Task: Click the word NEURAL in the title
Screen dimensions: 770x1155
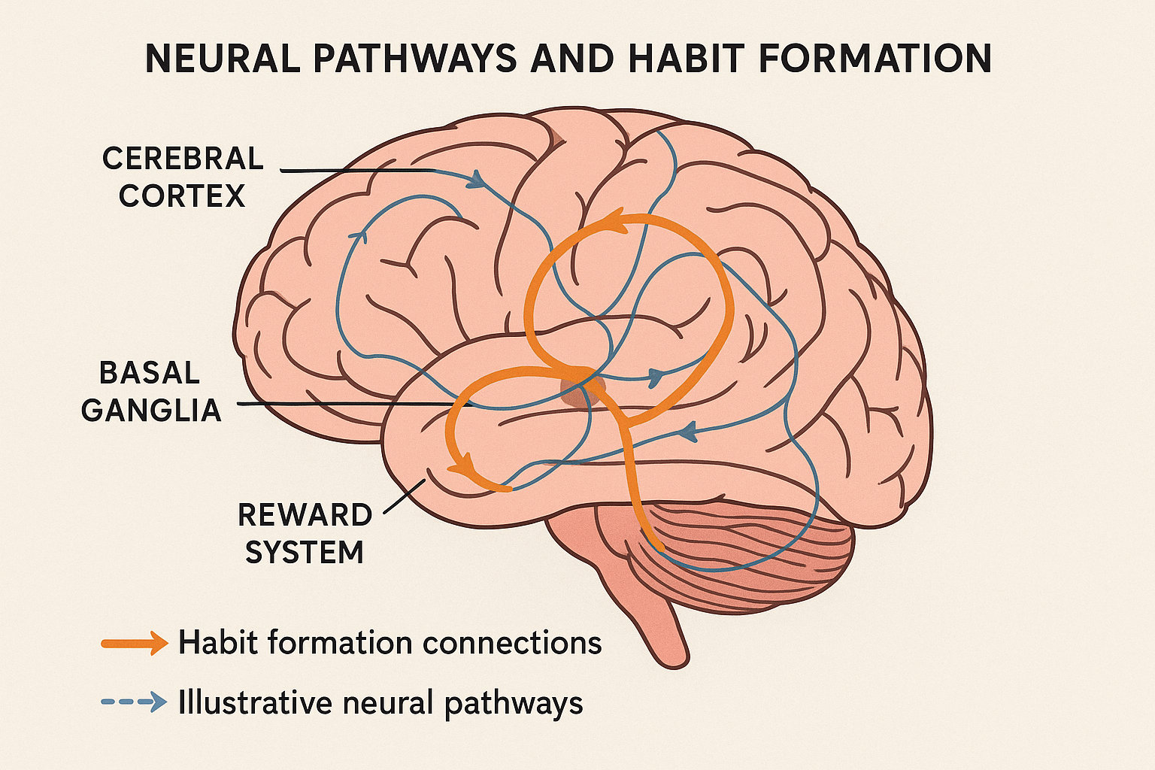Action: click(223, 59)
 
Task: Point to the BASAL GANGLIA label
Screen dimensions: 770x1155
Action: click(151, 392)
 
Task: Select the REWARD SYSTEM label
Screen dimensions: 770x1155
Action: click(305, 534)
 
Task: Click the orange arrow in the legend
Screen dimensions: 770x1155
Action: click(135, 643)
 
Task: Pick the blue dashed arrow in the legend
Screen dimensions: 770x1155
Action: click(135, 702)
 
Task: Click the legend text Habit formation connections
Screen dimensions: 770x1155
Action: click(390, 643)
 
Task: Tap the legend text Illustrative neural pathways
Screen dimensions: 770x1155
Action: click(380, 703)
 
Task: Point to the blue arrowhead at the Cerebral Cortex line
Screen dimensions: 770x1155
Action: click(475, 180)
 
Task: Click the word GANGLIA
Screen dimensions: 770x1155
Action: click(151, 411)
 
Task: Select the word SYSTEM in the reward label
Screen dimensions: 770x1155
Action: click(305, 553)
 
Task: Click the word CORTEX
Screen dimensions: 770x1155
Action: click(182, 196)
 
